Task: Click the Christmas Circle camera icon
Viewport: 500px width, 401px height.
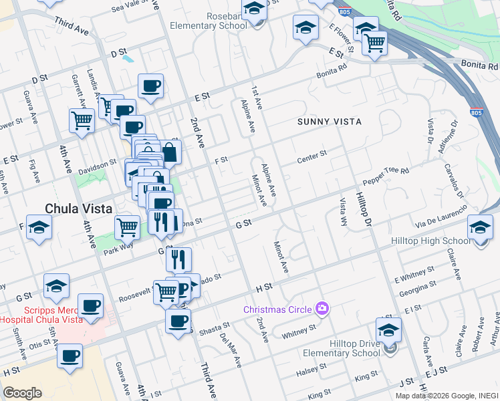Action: [323, 308]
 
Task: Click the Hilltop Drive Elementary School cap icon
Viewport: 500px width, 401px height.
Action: [388, 328]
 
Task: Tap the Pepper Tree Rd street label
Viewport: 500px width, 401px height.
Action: [386, 176]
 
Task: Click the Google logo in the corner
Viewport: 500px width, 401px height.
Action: [23, 392]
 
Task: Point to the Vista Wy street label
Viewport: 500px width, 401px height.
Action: [344, 211]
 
